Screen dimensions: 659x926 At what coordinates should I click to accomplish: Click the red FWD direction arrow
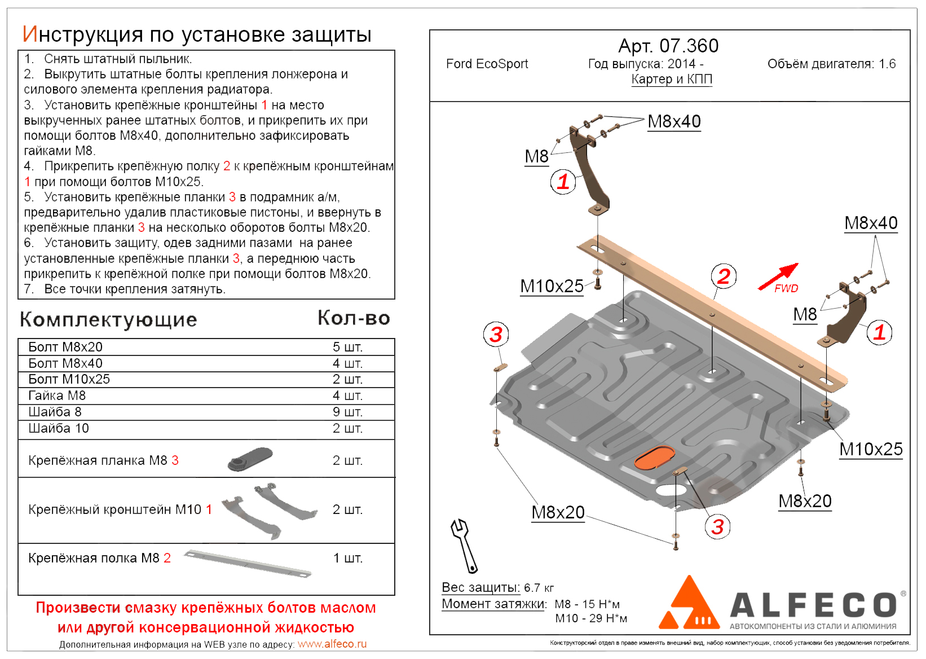[778, 276]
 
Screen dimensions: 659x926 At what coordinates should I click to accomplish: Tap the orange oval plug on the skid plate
[654, 458]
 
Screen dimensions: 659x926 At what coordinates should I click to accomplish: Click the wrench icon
[465, 545]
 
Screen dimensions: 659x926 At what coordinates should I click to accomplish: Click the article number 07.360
[689, 46]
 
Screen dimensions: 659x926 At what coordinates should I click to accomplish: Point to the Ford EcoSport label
[487, 64]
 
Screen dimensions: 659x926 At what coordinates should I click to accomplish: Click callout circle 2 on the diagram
[724, 276]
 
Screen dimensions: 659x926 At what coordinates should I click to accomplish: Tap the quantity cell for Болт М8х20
[347, 347]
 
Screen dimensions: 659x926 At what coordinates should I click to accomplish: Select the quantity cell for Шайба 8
[347, 412]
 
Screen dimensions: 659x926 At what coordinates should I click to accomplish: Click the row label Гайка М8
[57, 396]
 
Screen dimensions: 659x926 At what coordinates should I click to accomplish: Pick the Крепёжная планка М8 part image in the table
[250, 459]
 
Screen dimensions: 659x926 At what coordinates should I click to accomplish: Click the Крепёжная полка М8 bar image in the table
[248, 563]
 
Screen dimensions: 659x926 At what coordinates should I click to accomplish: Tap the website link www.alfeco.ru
[332, 644]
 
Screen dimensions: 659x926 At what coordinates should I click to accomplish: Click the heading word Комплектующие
[108, 319]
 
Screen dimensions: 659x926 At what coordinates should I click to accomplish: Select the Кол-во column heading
[354, 318]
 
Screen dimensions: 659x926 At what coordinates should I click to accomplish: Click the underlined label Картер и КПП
[672, 79]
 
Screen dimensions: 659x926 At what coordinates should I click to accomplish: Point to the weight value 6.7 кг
[539, 588]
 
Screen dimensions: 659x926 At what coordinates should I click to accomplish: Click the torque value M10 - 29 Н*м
[591, 618]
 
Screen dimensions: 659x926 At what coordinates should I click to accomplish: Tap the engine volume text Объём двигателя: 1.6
[831, 64]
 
